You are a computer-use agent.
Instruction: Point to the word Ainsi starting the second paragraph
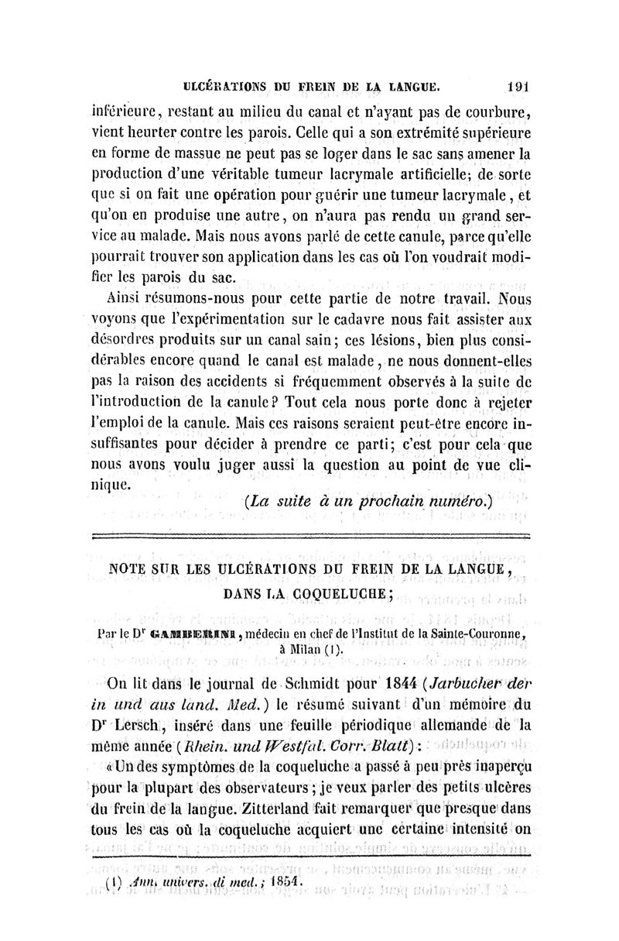pyautogui.click(x=125, y=297)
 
